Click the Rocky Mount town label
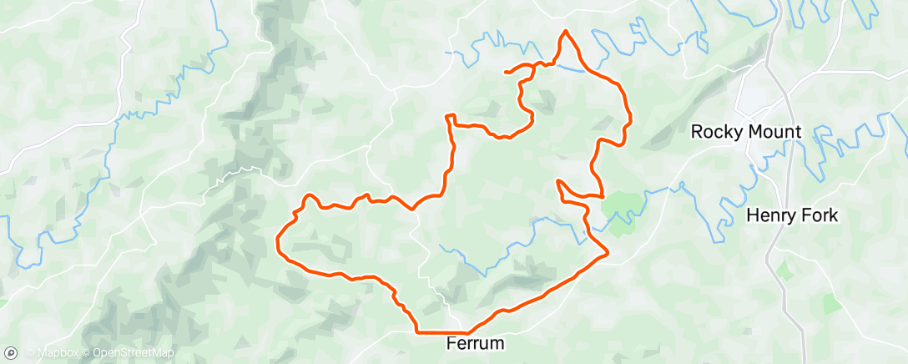coord(746,131)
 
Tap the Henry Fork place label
coord(792,215)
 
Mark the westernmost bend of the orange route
coord(277,242)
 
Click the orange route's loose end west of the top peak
coord(506,73)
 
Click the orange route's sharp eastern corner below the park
coord(608,250)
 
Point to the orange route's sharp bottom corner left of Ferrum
coord(416,331)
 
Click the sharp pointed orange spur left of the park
coord(557,180)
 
